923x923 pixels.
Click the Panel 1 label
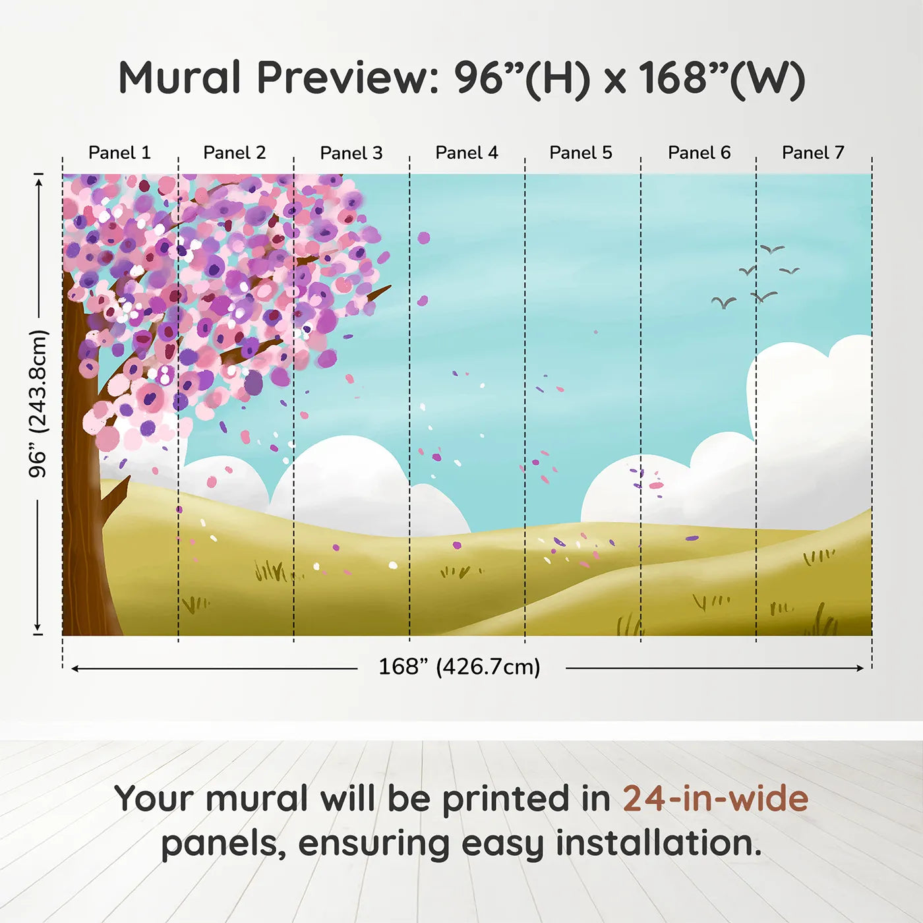[119, 153]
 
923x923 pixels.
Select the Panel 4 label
[467, 153]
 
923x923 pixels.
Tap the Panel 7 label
[813, 153]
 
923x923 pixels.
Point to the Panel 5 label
[581, 153]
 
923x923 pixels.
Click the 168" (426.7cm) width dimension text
[460, 667]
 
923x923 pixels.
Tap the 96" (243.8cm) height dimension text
[38, 403]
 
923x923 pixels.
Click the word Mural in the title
[179, 78]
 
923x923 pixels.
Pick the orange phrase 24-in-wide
[715, 799]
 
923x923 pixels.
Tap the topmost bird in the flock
[772, 249]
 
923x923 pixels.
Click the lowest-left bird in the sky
[724, 303]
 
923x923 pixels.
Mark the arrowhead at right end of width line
[860, 669]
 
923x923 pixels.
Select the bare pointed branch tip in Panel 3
[386, 288]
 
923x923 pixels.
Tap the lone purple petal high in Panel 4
[423, 238]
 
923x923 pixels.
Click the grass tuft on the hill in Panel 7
[818, 557]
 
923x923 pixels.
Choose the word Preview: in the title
[347, 78]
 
